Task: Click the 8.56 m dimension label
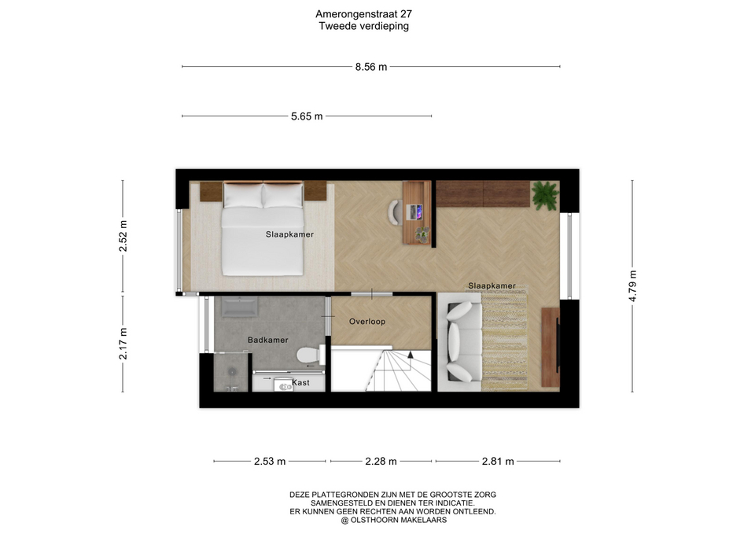pyautogui.click(x=370, y=67)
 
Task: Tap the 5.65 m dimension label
pyautogui.click(x=307, y=116)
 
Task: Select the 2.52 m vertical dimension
pyautogui.click(x=123, y=236)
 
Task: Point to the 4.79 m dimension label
pyautogui.click(x=632, y=286)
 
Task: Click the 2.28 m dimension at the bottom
pyautogui.click(x=381, y=462)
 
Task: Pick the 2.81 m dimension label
pyautogui.click(x=498, y=462)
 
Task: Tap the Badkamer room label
pyautogui.click(x=267, y=340)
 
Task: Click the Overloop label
pyautogui.click(x=367, y=322)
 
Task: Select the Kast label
pyautogui.click(x=301, y=383)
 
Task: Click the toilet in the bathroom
pyautogui.click(x=310, y=355)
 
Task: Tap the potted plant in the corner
pyautogui.click(x=545, y=195)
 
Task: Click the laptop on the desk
pyautogui.click(x=414, y=212)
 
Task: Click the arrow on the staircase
pyautogui.click(x=411, y=355)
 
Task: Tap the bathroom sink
pyautogui.click(x=239, y=307)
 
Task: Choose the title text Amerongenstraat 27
pyautogui.click(x=363, y=14)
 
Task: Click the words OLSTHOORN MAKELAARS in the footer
pyautogui.click(x=398, y=520)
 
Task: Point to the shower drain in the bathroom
pyautogui.click(x=233, y=372)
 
